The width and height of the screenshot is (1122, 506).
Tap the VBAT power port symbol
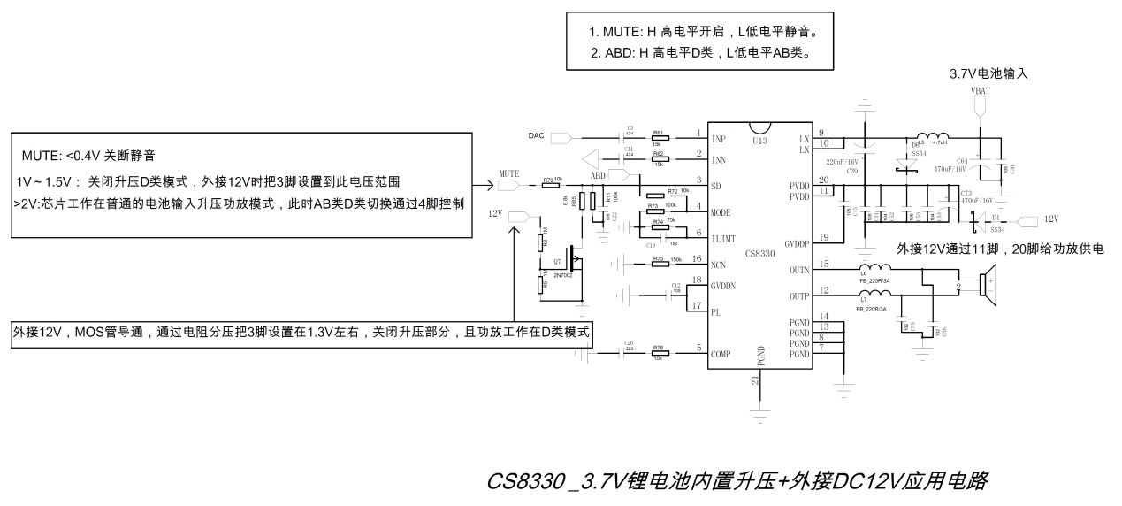point(981,103)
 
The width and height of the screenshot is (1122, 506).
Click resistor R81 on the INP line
point(660,138)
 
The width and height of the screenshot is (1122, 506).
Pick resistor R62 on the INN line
point(660,160)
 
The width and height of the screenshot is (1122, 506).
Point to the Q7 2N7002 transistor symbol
point(573,258)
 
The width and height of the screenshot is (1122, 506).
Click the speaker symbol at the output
point(986,284)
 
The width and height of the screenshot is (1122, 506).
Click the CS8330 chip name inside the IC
point(760,254)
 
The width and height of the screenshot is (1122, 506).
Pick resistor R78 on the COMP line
point(658,353)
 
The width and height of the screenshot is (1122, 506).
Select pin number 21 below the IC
point(754,380)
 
